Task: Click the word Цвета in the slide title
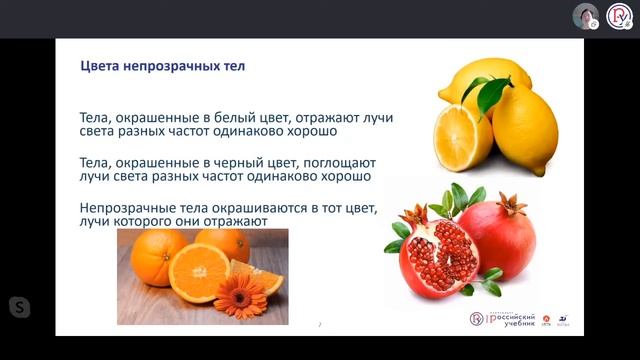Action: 101,67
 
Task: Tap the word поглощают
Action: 329,161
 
